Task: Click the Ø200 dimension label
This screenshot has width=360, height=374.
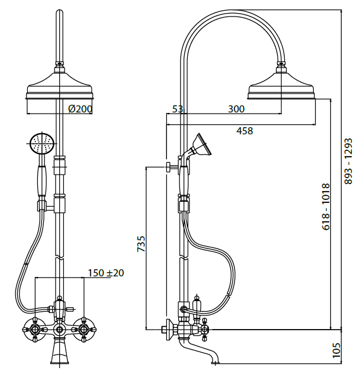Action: pos(80,109)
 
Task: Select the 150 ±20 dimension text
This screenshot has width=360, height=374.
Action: pos(106,273)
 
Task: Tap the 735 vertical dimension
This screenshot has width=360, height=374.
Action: pos(141,244)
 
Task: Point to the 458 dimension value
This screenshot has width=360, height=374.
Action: pos(244,131)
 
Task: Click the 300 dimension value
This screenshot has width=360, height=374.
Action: pos(236,109)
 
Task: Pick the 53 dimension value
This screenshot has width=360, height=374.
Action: pos(177,109)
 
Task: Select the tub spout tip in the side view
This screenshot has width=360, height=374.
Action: pos(216,359)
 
